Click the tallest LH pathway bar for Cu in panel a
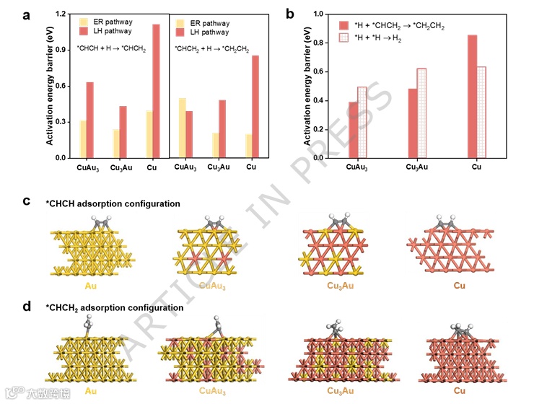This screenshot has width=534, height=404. coord(156,91)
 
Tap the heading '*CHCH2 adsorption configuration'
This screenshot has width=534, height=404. coord(114,308)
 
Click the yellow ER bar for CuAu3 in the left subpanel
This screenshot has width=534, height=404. coord(83,139)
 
